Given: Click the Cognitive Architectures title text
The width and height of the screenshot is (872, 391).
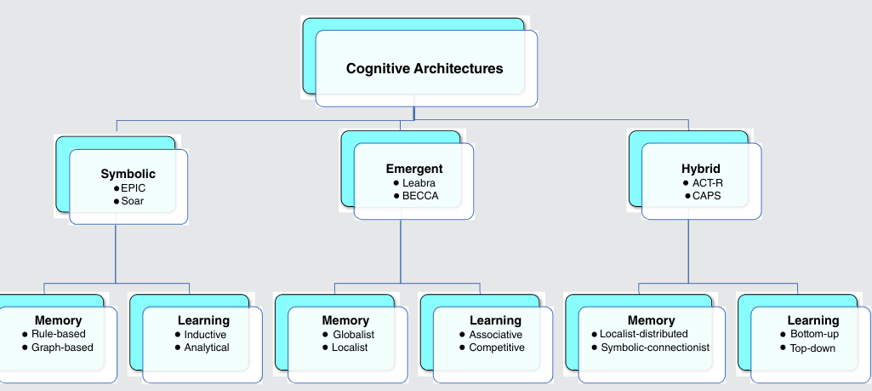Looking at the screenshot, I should point(425,68).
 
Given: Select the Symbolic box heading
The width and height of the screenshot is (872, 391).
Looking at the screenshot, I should point(128,174).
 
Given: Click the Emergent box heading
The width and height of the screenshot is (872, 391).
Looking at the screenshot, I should point(414,169).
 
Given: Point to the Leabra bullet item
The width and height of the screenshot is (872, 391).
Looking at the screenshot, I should point(417,183).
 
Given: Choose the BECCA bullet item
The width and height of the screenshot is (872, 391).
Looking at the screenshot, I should point(419,197).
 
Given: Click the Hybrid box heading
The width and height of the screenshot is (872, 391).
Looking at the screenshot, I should point(701,169).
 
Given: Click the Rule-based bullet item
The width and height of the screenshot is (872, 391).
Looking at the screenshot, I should point(59,334).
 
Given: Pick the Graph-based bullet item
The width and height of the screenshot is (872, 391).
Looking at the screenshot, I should point(62,348).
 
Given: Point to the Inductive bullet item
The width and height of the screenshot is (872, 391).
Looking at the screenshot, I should point(205,335).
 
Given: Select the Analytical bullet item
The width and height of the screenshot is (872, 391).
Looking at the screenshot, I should point(207,348).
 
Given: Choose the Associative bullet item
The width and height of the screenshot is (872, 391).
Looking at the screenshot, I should point(496,335).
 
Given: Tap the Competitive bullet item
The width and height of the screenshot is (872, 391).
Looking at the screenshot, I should point(497,348).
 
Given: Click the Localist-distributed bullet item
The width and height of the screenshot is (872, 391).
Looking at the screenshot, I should point(644,334).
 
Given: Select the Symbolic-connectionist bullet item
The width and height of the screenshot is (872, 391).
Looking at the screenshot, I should point(655,348).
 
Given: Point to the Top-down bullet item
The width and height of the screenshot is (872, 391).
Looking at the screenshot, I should point(812,348).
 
